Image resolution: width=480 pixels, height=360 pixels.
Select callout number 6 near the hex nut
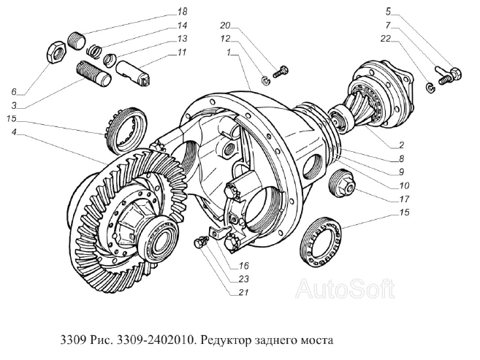point(12,91)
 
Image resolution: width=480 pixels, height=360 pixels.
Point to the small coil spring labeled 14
point(94,50)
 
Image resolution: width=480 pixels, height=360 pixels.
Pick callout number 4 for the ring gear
point(13,133)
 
